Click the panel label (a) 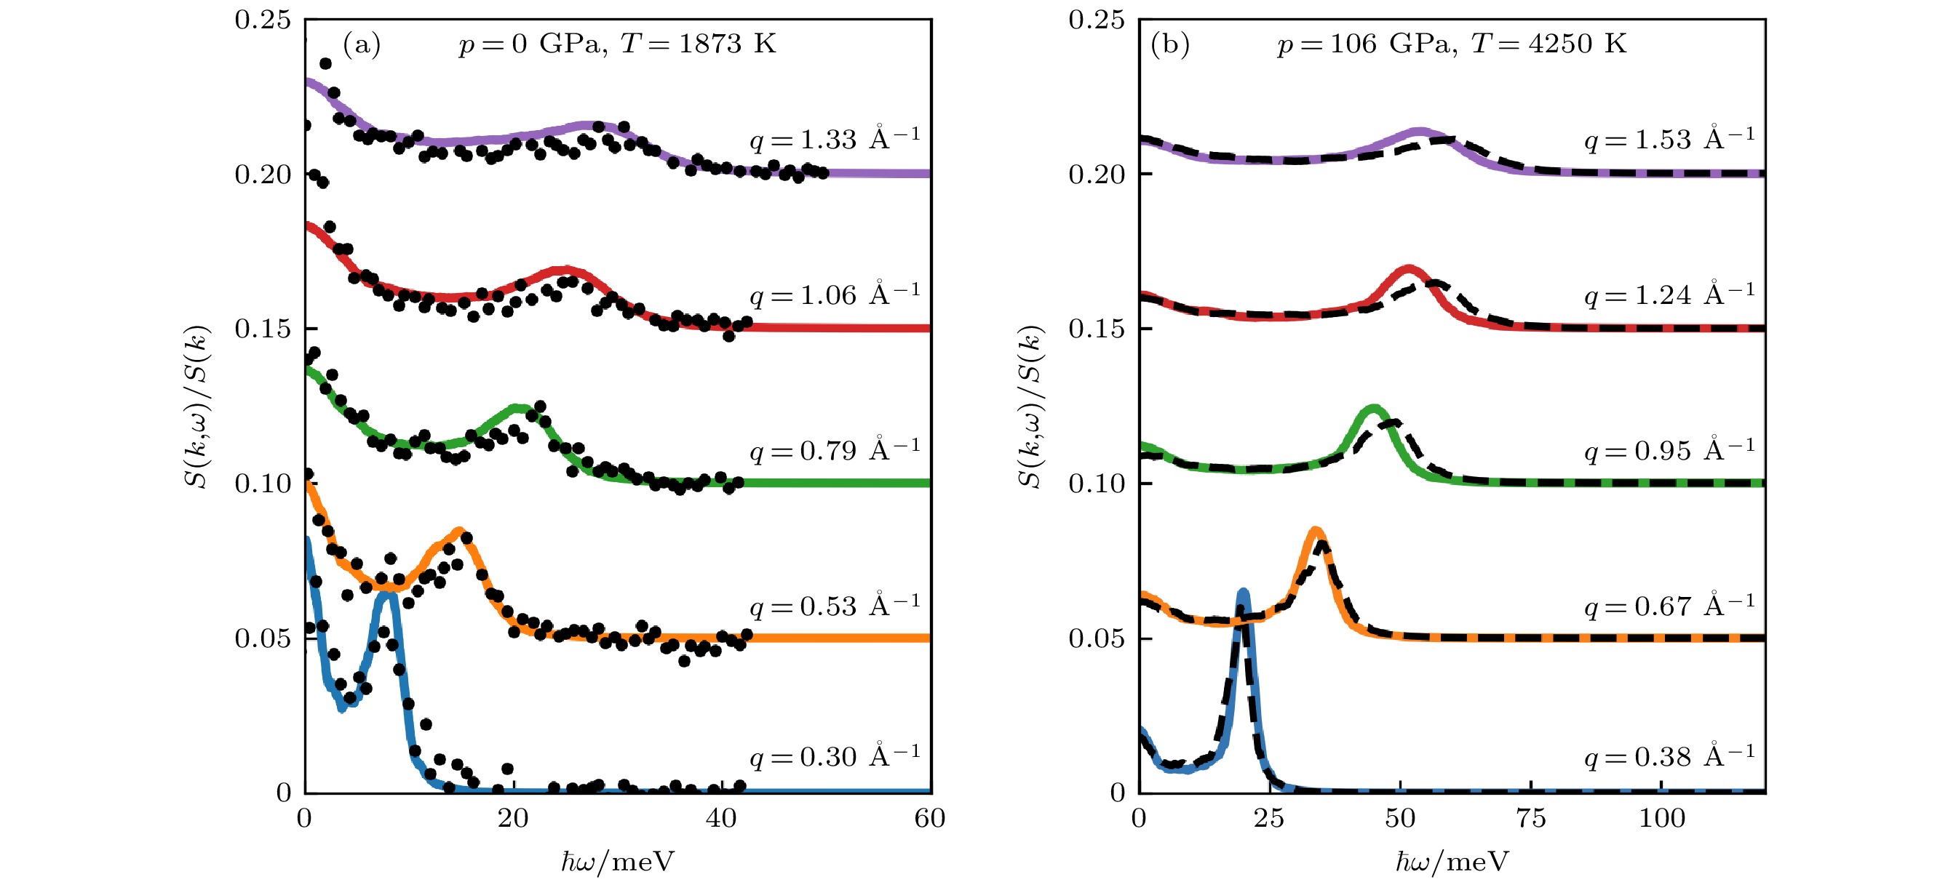[x=362, y=44]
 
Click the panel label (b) [x=1170, y=44]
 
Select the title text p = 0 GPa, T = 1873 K [x=617, y=44]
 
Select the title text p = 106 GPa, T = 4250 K [x=1452, y=44]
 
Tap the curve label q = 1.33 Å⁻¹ [x=835, y=139]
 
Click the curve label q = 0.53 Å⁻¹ [x=835, y=606]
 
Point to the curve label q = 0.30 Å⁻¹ [x=835, y=756]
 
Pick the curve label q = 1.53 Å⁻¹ [x=1670, y=139]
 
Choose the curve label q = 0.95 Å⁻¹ [x=1670, y=450]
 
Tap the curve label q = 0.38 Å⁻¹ [x=1670, y=756]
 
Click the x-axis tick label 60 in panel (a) [x=930, y=819]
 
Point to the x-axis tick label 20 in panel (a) [x=514, y=819]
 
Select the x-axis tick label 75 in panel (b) [x=1531, y=819]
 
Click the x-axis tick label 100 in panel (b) [x=1661, y=819]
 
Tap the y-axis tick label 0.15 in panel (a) [x=263, y=329]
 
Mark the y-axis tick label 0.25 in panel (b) [x=1096, y=20]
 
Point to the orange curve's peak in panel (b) [x=1315, y=532]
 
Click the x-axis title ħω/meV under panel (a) [x=617, y=862]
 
